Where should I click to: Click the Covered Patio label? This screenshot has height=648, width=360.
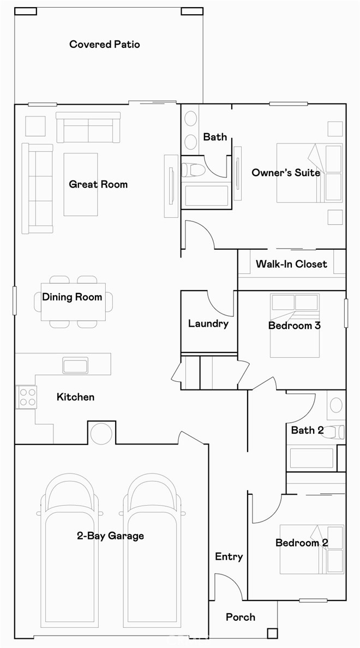point(104,44)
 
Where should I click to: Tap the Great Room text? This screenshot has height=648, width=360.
point(98,184)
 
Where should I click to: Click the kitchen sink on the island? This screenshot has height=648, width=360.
point(75,365)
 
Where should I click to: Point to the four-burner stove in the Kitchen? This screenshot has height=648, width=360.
point(26,397)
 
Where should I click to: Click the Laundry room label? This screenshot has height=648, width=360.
point(208,324)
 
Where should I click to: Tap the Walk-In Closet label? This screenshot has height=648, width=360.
point(291,264)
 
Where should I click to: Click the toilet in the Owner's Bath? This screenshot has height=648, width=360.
point(193,170)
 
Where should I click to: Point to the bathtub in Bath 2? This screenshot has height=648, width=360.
point(311,458)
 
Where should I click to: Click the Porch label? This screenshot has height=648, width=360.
point(241,617)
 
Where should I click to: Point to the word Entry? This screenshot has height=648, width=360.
point(229,556)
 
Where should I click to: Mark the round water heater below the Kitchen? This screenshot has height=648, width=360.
point(101,434)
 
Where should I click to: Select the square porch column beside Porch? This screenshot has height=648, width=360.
point(272,633)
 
